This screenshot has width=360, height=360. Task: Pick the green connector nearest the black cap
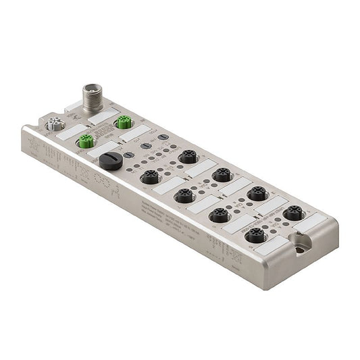click(85, 141)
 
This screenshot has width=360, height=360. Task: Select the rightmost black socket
click(292, 213)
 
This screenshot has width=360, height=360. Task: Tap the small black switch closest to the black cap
click(128, 155)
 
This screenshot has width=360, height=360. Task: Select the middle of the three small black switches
click(145, 145)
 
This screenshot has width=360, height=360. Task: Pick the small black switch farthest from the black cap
click(162, 136)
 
